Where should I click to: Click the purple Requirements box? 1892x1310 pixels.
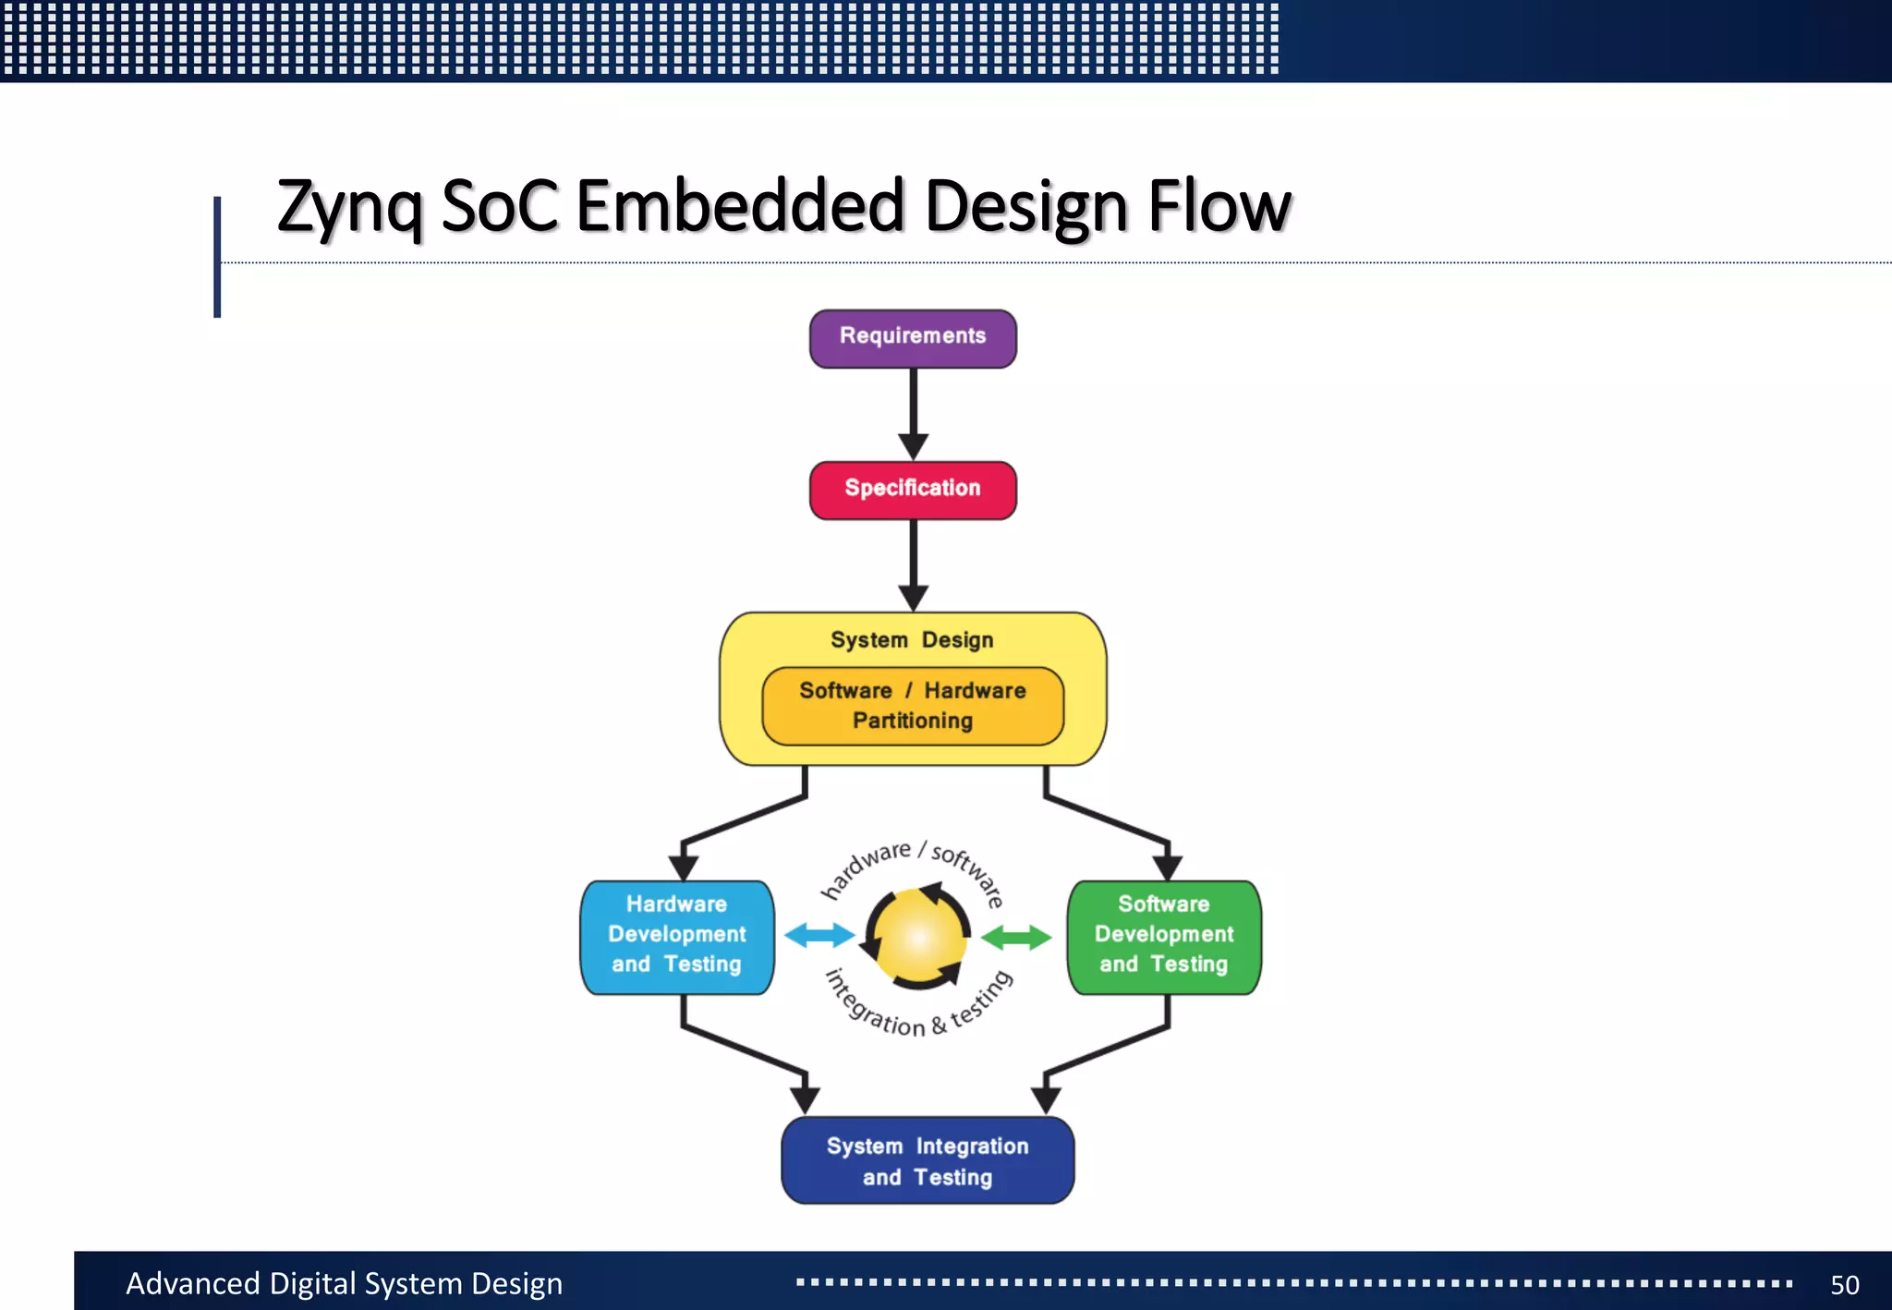point(913,338)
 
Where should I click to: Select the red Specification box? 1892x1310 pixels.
point(913,490)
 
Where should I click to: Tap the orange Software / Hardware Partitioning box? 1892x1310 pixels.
point(913,706)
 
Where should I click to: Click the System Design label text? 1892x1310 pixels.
point(912,639)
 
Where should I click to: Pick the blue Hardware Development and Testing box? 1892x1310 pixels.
point(676,936)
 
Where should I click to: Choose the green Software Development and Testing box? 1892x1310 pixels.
point(1164,936)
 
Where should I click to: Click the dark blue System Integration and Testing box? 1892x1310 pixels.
point(928,1160)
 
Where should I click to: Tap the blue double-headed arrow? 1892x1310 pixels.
point(819,935)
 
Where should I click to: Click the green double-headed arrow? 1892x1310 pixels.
point(1015,937)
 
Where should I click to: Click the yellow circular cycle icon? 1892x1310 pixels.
point(917,937)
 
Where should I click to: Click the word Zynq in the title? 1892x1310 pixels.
point(349,207)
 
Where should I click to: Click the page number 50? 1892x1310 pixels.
point(1844,1284)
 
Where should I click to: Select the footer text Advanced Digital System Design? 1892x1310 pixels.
point(344,1283)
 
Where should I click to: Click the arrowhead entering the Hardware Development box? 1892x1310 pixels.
point(683,867)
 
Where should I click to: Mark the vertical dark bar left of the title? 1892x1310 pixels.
point(217,257)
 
